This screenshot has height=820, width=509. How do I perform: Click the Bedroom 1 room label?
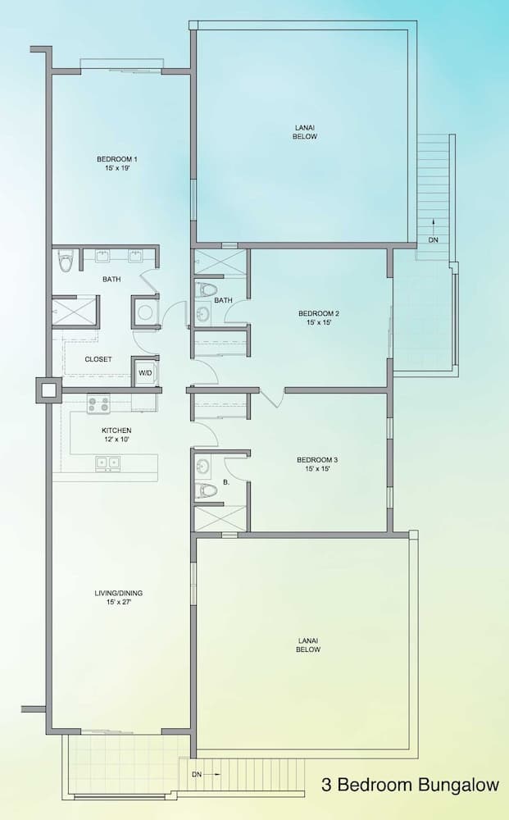[x=117, y=162]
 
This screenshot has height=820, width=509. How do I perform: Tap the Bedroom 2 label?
[x=318, y=318]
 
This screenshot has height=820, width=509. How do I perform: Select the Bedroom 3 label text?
[x=317, y=464]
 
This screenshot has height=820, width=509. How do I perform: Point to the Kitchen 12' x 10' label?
[x=116, y=435]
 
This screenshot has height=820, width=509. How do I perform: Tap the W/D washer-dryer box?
[x=145, y=373]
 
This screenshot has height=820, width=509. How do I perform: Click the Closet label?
[x=98, y=359]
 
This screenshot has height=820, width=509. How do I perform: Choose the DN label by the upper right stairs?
[x=433, y=240]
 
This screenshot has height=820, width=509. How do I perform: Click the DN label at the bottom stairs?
[x=196, y=773]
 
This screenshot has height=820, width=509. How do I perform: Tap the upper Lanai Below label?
[x=304, y=131]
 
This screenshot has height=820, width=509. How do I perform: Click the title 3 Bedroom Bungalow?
[x=410, y=785]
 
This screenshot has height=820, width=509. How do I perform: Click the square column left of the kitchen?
[x=48, y=390]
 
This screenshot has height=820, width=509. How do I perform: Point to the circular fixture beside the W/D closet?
[x=145, y=312]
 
